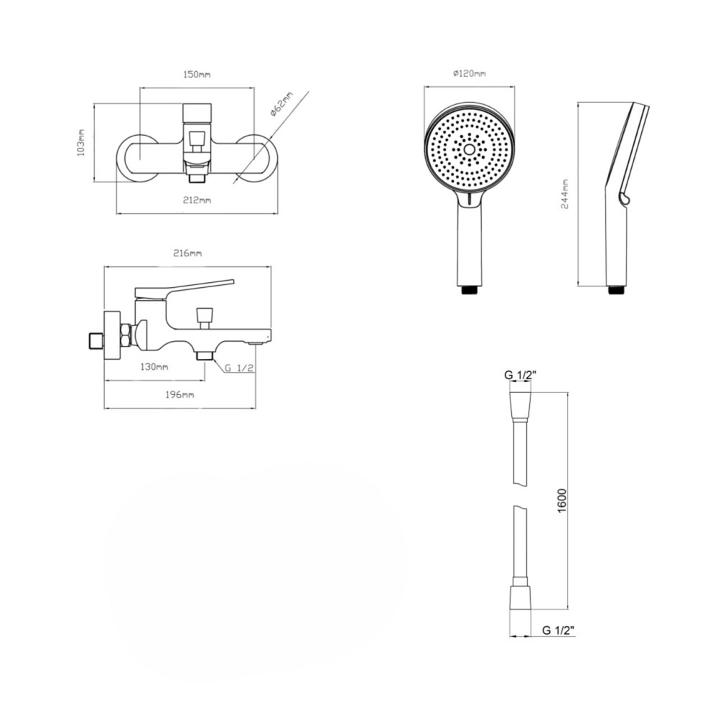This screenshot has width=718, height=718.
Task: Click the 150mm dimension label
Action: pyautogui.click(x=197, y=74)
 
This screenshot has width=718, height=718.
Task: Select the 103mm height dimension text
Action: pyautogui.click(x=81, y=142)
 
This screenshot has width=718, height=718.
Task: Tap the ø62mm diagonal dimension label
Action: pyautogui.click(x=281, y=105)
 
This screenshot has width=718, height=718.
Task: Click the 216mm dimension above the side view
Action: pyautogui.click(x=188, y=253)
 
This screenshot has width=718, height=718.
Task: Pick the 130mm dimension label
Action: pyautogui.click(x=154, y=367)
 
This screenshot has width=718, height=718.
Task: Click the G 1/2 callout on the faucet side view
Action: pyautogui.click(x=239, y=367)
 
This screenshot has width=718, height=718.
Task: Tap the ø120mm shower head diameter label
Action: pyautogui.click(x=469, y=73)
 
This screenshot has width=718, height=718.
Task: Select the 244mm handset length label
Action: pyautogui.click(x=564, y=194)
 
